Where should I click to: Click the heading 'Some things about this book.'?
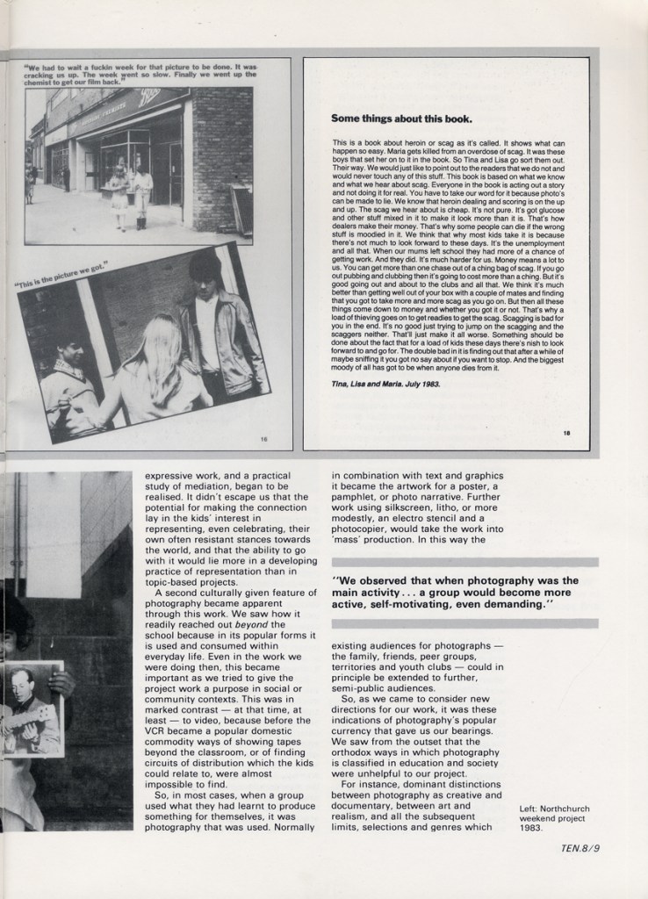pyautogui.click(x=400, y=119)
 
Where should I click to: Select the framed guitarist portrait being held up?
pyautogui.click(x=33, y=708)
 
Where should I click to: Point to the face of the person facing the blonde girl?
pyautogui.click(x=72, y=354)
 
